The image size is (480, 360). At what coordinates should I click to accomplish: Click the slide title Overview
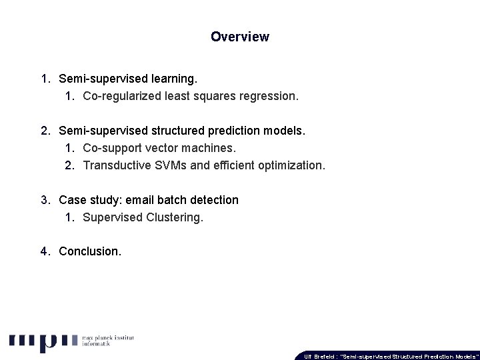click(x=240, y=37)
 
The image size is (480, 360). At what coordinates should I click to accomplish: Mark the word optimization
click(x=293, y=165)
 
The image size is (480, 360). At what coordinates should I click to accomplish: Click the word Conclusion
click(x=90, y=252)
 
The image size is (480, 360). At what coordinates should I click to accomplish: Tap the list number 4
click(x=43, y=252)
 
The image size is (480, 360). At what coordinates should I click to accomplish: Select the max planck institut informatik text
click(x=108, y=342)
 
